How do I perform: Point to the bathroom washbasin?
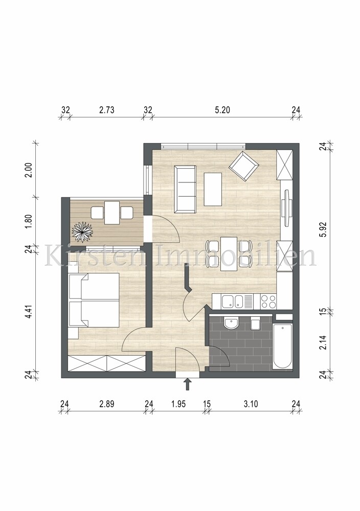[x=232, y=324]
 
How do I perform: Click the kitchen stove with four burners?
[x=267, y=301]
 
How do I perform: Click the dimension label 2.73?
[x=107, y=109]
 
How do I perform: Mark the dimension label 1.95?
[x=178, y=404]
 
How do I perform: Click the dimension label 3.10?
[x=250, y=404]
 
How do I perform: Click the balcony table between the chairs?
[x=112, y=213]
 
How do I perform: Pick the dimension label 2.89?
[x=106, y=404]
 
